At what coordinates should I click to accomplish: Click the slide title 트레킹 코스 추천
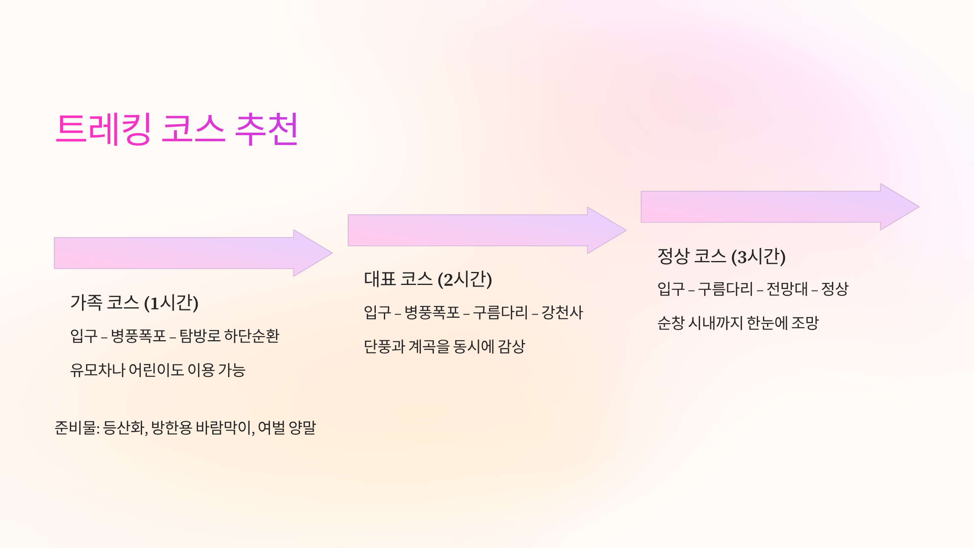[177, 129]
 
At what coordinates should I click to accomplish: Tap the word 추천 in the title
[267, 129]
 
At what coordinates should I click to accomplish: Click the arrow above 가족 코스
[193, 253]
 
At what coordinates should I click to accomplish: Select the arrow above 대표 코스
[487, 230]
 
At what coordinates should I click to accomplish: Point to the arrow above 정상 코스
[780, 207]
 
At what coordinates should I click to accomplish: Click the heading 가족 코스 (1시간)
[134, 303]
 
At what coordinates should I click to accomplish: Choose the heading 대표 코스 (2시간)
[428, 279]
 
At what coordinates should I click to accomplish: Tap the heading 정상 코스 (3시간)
[721, 257]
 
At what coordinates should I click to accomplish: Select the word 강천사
[562, 313]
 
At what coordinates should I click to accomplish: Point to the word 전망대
[787, 289]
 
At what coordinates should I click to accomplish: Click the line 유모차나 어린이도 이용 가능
[157, 370]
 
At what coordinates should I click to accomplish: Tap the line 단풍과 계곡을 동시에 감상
[444, 347]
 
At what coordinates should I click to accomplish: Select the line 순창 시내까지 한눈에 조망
[738, 324]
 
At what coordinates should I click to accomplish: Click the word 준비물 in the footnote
[75, 428]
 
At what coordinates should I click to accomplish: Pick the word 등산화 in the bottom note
[124, 428]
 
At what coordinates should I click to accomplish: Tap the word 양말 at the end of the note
[302, 428]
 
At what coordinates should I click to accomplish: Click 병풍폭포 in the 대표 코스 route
[432, 313]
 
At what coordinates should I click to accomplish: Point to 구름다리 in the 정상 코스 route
[725, 289]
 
